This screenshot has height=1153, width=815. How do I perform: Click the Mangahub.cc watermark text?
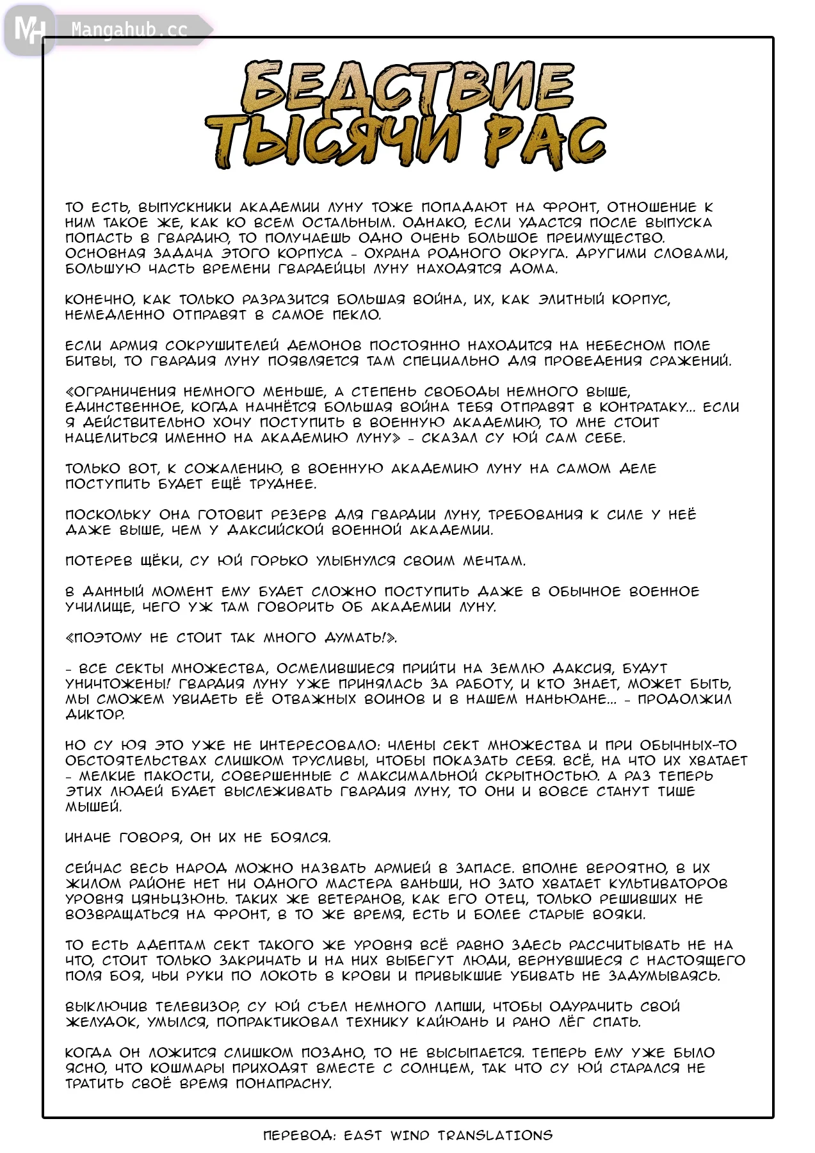129,29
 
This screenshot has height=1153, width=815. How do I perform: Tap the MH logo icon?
29,29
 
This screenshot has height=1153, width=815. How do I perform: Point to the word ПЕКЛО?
357,315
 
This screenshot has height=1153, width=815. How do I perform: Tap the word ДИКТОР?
95,715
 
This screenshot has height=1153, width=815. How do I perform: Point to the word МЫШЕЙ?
93,807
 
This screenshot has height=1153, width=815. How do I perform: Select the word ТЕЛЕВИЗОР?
198,1007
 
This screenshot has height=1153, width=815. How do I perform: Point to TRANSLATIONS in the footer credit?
495,1136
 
